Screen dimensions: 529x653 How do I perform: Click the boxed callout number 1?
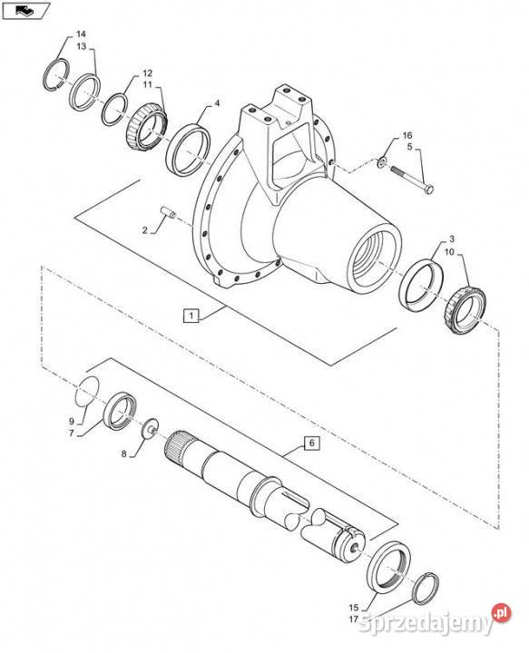(191, 316)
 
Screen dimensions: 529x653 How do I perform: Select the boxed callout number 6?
(310, 443)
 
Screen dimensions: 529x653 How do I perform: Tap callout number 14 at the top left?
(81, 34)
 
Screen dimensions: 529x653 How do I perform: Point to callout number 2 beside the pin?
(144, 230)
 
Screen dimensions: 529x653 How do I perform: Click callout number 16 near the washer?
(407, 135)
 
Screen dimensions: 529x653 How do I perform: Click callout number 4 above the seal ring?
(216, 104)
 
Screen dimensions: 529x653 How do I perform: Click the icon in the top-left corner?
(22, 10)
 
